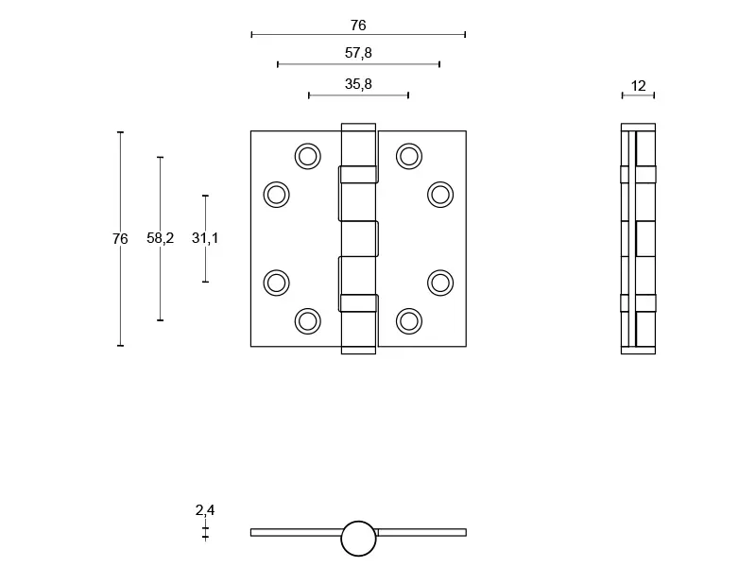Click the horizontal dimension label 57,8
(x=358, y=53)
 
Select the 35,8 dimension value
(x=358, y=84)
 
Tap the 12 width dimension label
(x=639, y=86)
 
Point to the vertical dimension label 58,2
(x=160, y=238)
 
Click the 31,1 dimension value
(x=205, y=238)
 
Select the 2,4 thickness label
(x=205, y=509)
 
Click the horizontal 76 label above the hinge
(x=358, y=26)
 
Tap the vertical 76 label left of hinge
(x=120, y=239)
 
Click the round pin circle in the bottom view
(x=358, y=539)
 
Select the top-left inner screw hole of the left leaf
(x=308, y=156)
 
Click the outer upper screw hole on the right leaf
(x=440, y=195)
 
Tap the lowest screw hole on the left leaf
(x=308, y=321)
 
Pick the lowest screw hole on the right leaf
(x=409, y=321)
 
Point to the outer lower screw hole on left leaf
(x=276, y=283)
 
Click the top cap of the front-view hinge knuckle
(x=358, y=128)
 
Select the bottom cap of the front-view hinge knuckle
(x=358, y=350)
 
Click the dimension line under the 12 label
(x=639, y=95)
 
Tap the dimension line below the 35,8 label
(x=358, y=95)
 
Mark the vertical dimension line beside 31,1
(x=205, y=239)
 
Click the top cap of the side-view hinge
(x=639, y=128)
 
